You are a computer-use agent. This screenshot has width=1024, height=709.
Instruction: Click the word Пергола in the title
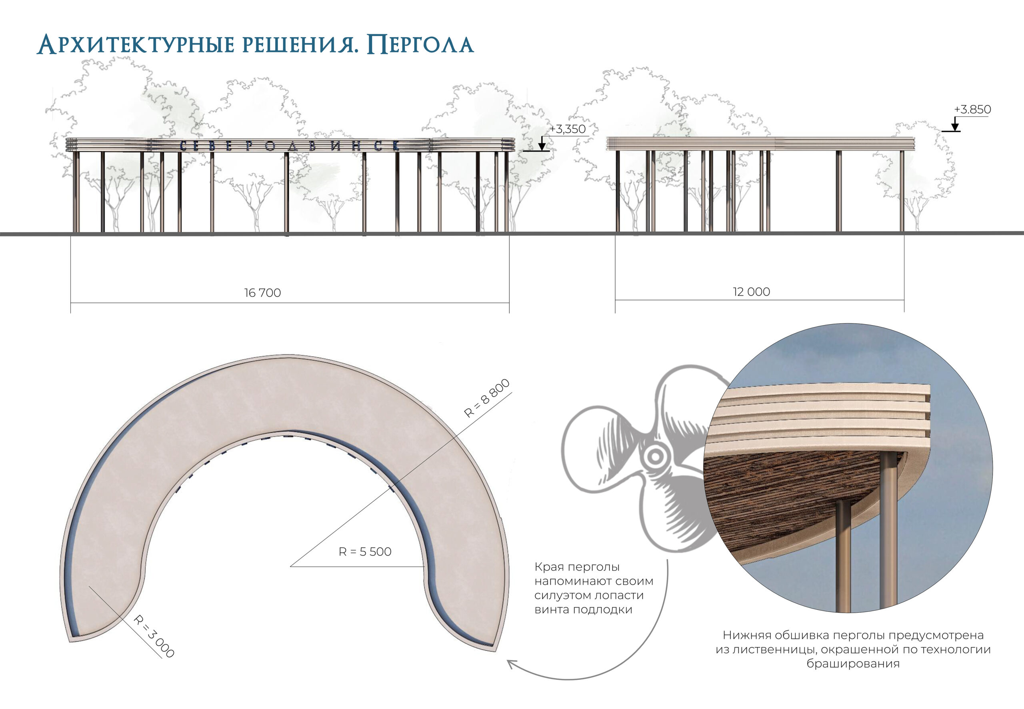(x=420, y=45)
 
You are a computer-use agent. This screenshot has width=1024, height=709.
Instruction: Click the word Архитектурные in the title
(x=136, y=45)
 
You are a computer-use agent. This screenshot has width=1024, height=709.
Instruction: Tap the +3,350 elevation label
(x=567, y=129)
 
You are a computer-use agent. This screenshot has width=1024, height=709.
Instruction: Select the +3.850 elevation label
(x=972, y=109)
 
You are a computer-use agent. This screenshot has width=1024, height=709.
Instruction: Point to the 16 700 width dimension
(x=262, y=293)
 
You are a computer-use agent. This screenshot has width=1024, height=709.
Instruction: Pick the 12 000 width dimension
(x=751, y=292)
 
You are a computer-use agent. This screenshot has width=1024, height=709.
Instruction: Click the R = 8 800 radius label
(x=486, y=398)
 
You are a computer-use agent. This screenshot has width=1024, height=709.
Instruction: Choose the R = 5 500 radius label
(x=365, y=552)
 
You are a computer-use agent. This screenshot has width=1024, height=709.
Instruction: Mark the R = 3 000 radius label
(x=154, y=636)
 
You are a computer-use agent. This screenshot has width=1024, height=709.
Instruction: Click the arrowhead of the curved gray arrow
(x=512, y=665)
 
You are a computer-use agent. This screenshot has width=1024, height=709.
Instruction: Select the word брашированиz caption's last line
(x=853, y=664)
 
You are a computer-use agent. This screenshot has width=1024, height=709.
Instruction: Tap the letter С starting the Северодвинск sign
(x=184, y=146)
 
